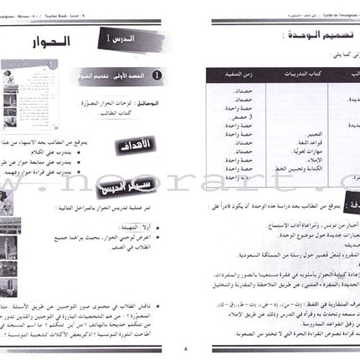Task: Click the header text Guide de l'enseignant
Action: click(x=327, y=5)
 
